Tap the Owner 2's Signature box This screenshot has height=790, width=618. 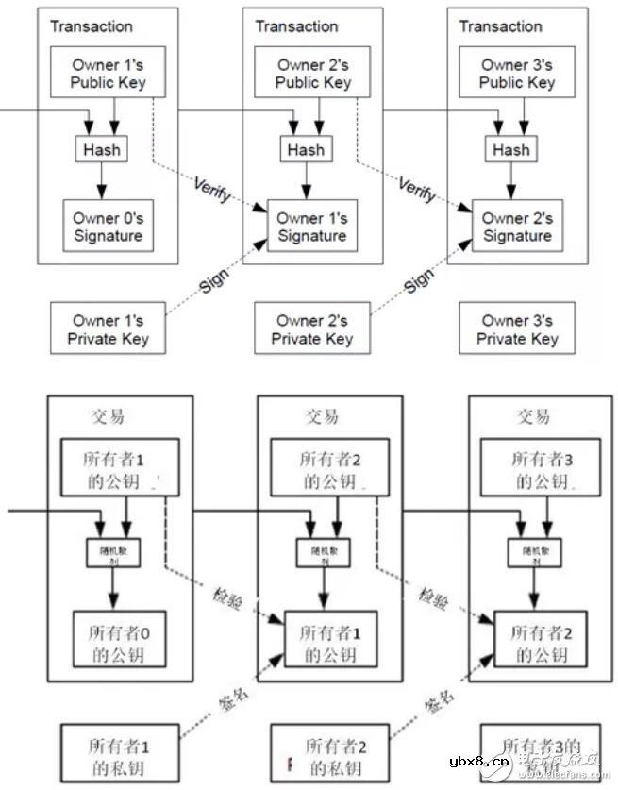[x=517, y=227]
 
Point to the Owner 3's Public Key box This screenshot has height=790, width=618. [x=517, y=74]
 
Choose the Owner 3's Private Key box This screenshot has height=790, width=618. [x=517, y=329]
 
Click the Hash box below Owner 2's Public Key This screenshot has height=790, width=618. [x=306, y=149]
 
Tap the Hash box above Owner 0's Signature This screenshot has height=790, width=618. [x=100, y=149]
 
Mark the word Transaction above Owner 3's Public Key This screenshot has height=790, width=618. [x=500, y=26]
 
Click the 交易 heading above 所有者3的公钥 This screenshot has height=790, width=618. [x=533, y=416]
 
